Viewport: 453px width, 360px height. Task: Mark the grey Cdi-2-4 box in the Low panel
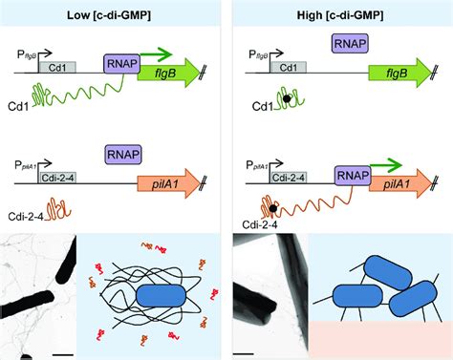pyautogui.click(x=56, y=178)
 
